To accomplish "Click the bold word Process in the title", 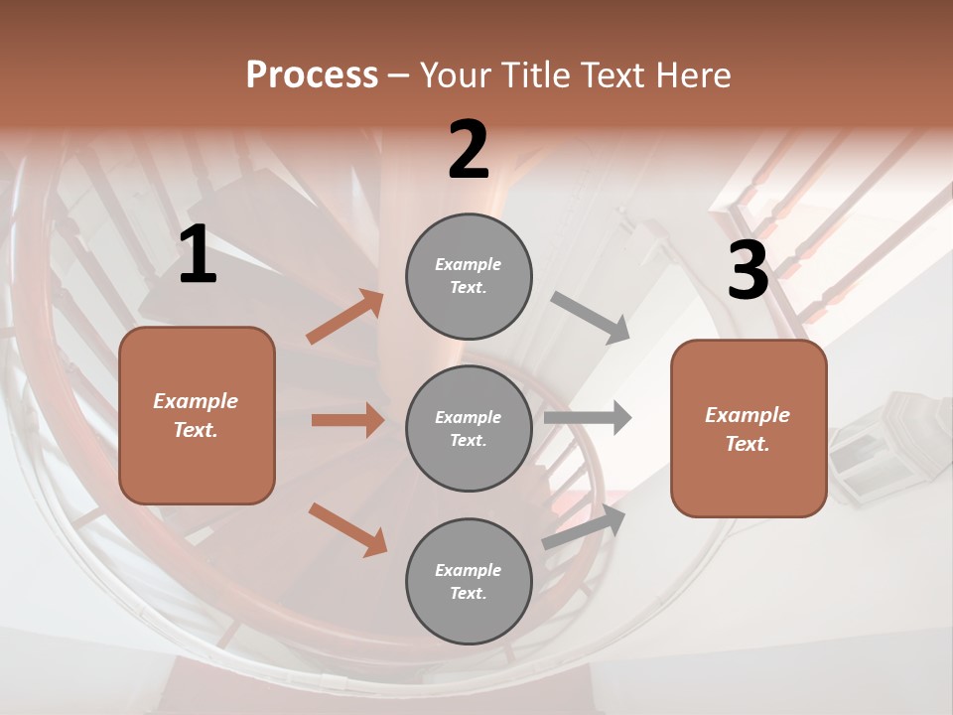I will pyautogui.click(x=312, y=75).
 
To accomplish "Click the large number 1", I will pyautogui.click(x=198, y=254).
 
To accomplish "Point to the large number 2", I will pyautogui.click(x=469, y=150).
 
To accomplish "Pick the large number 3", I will pyautogui.click(x=748, y=270).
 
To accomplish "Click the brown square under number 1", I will pyautogui.click(x=197, y=415).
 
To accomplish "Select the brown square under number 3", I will pyautogui.click(x=749, y=429).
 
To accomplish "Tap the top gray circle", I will pyautogui.click(x=469, y=276).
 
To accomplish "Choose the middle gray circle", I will pyautogui.click(x=469, y=429).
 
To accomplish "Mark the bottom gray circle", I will pyautogui.click(x=469, y=582).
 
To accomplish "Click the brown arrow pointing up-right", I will pyautogui.click(x=345, y=317).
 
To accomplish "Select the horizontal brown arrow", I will pyautogui.click(x=347, y=420).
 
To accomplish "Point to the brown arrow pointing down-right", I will pyautogui.click(x=347, y=529).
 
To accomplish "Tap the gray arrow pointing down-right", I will pyautogui.click(x=591, y=318).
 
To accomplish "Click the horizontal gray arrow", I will pyautogui.click(x=588, y=417).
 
